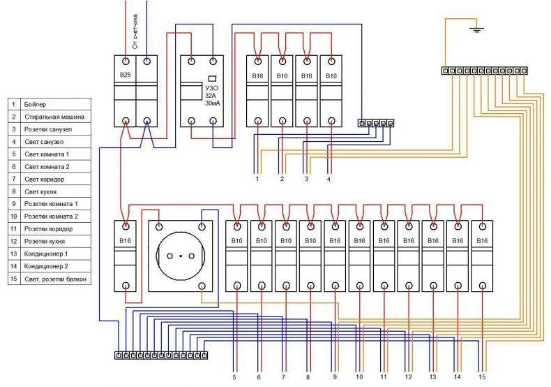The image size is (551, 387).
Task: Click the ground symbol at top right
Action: (x=476, y=29)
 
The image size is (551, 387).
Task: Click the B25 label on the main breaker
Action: (x=125, y=75)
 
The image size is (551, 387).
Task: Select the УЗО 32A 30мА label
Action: (x=211, y=96)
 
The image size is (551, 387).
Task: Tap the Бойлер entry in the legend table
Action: (x=35, y=105)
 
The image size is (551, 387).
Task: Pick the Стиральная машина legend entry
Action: (x=54, y=117)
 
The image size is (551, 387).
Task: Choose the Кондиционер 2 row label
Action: (x=46, y=266)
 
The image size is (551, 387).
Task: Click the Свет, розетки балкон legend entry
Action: (x=55, y=279)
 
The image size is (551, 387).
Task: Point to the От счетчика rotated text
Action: (x=135, y=31)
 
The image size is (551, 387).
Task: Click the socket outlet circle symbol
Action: (x=180, y=256)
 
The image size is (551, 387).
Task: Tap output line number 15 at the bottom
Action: (x=482, y=377)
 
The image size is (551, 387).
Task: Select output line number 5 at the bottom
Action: (x=234, y=377)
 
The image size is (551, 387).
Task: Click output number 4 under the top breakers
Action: (x=329, y=179)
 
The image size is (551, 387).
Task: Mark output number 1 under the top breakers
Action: (x=257, y=179)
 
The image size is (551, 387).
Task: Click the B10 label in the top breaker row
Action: (x=331, y=76)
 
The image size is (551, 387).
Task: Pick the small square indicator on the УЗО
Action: (x=212, y=79)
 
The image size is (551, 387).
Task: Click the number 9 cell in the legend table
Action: (x=14, y=204)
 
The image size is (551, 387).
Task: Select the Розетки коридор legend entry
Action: (x=49, y=229)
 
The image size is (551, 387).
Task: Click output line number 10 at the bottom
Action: (x=358, y=377)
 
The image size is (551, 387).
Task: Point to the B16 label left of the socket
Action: (x=125, y=241)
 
